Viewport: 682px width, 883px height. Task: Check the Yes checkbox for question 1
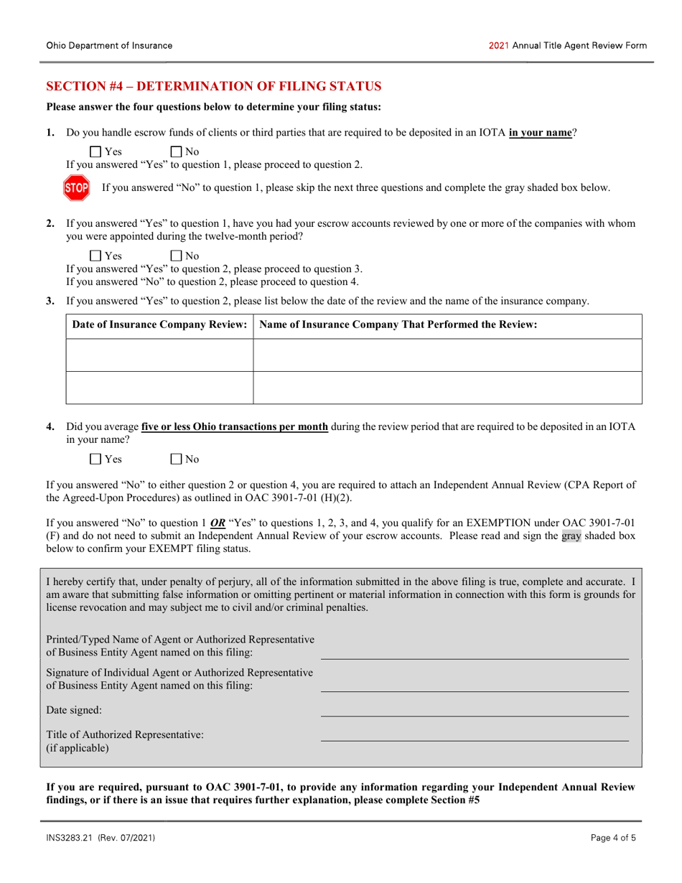pyautogui.click(x=95, y=151)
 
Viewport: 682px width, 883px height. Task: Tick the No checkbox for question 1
pyautogui.click(x=176, y=151)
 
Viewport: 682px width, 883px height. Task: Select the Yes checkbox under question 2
pyautogui.click(x=95, y=256)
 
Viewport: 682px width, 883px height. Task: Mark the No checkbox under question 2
pyautogui.click(x=176, y=256)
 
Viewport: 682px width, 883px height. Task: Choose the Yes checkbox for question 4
pyautogui.click(x=95, y=459)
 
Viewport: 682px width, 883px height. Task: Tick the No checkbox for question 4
pyautogui.click(x=176, y=459)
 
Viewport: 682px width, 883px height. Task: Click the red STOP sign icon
pyautogui.click(x=77, y=188)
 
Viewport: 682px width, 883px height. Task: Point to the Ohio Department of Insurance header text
pyautogui.click(x=109, y=45)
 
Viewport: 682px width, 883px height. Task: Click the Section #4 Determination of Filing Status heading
pyautogui.click(x=214, y=87)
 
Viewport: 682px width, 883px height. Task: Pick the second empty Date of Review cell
pyautogui.click(x=159, y=388)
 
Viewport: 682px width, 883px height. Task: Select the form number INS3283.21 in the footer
pyautogui.click(x=73, y=838)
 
